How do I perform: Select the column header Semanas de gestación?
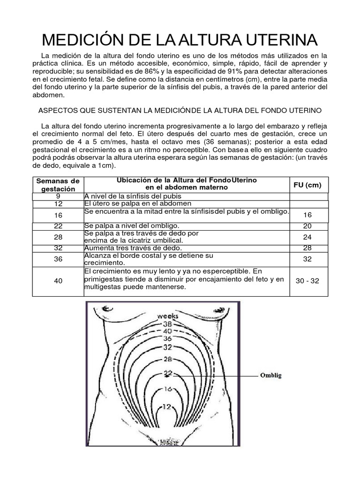coord(58,185)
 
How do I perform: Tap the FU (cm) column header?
coord(307,185)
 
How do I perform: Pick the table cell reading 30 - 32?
coord(307,280)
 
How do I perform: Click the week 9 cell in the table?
coord(58,196)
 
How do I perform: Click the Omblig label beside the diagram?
coord(270,375)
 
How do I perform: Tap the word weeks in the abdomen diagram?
coord(167,315)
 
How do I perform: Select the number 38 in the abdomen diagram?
coord(167,323)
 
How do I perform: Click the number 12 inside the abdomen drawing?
coord(167,406)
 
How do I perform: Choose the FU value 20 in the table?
coord(307,226)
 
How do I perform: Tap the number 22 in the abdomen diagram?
coord(167,374)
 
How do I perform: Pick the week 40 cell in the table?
coord(58,280)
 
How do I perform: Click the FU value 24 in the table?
coord(307,237)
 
